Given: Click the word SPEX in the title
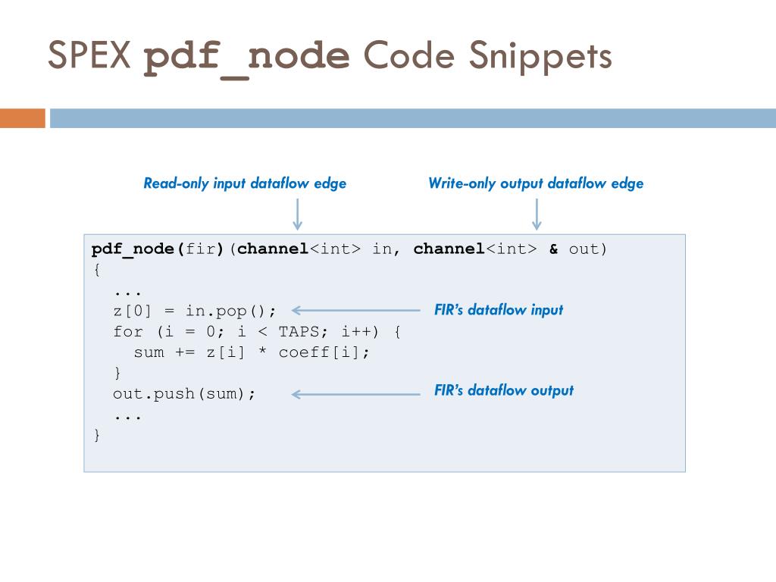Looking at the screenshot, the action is point(90,57).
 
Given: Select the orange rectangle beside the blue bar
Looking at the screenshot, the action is point(22,118).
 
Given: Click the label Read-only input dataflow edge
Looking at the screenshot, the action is point(245,183).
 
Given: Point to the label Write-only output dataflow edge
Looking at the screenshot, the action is point(536,183).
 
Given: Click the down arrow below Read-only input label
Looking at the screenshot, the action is point(298,214).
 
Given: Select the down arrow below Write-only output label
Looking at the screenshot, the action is point(537,214).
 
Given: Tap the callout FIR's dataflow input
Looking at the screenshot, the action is point(499,310).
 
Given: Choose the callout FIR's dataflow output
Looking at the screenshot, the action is point(504,391).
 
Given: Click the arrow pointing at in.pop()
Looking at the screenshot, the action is point(355,310).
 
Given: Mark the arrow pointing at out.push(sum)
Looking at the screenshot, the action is point(355,394).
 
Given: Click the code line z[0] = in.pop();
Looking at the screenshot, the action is point(195,311).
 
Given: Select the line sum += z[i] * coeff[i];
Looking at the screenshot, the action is point(252,352).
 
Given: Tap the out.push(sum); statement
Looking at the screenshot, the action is point(185,394).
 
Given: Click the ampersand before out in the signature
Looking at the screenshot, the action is point(554,249).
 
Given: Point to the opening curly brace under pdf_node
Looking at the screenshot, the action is point(96,270).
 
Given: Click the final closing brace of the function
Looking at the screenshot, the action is point(96,435).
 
